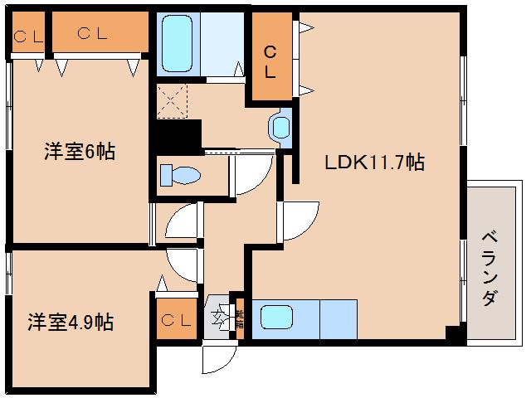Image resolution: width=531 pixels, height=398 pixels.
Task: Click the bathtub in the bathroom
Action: (x=177, y=44)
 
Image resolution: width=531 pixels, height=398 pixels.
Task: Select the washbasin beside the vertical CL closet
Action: (x=280, y=126)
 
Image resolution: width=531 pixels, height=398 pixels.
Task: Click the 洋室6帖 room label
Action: (x=80, y=152)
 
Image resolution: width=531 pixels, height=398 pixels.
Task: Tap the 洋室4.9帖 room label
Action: (x=70, y=323)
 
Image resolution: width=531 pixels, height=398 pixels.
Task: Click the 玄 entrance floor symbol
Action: (x=219, y=316)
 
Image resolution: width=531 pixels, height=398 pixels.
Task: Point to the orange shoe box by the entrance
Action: (x=239, y=317)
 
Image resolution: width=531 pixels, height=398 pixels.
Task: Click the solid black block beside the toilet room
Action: (x=178, y=134)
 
